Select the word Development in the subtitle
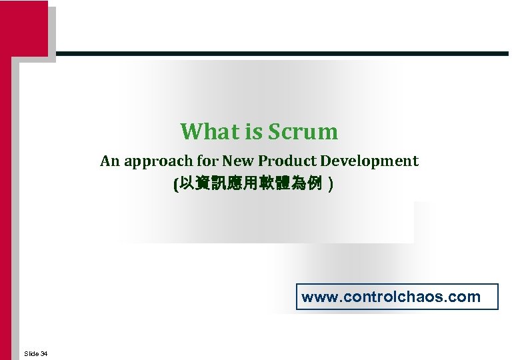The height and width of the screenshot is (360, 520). click(x=369, y=161)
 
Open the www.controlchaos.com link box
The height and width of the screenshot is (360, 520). click(x=397, y=297)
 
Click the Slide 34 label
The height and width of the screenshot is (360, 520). click(x=35, y=353)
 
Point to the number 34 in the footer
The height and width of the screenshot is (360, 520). click(x=43, y=353)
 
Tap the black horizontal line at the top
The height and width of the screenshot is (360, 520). click(x=280, y=53)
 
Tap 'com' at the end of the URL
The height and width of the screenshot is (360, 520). click(x=466, y=297)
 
